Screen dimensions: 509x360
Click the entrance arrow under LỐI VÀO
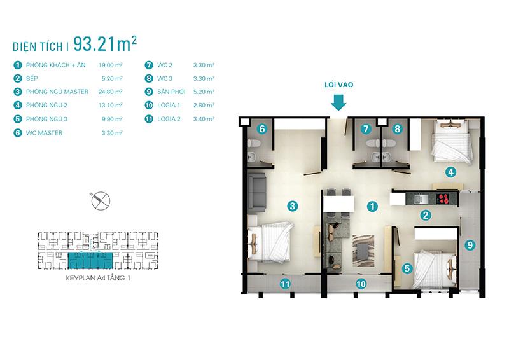[338, 102]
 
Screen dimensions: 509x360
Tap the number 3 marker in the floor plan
[293, 206]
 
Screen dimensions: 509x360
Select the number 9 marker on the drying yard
[470, 245]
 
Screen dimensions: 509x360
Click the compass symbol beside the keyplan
[101, 200]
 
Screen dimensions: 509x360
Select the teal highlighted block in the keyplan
[90, 260]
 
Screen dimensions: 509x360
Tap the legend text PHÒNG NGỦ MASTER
[57, 92]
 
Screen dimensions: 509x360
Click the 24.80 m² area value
[110, 92]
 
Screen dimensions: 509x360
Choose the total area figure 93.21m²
[105, 44]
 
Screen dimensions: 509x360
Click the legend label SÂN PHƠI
[171, 92]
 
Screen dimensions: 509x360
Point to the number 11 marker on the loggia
[285, 284]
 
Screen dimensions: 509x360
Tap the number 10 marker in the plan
[361, 284]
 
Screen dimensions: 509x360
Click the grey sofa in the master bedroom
[257, 193]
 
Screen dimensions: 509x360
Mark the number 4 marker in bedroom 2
[450, 172]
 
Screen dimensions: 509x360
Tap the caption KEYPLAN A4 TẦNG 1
[98, 278]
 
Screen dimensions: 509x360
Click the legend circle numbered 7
[149, 66]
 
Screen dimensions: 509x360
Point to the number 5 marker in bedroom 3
[407, 268]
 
